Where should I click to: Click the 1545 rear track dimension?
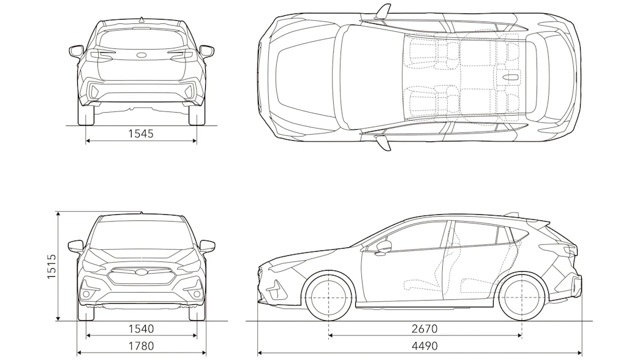(x=141, y=133)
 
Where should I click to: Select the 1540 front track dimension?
(x=141, y=329)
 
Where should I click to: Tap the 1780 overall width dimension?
(x=141, y=346)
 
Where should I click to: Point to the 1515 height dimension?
(x=51, y=266)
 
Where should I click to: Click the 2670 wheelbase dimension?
(x=425, y=329)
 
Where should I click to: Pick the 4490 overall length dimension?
(x=424, y=346)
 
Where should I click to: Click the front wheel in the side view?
(x=329, y=298)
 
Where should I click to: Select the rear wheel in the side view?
(x=522, y=298)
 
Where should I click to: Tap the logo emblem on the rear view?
(x=141, y=55)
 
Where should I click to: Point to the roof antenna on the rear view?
(x=141, y=19)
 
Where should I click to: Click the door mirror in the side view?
(x=383, y=247)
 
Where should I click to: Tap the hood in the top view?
(x=304, y=78)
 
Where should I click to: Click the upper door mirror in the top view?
(x=383, y=12)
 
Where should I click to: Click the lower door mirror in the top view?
(x=383, y=143)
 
